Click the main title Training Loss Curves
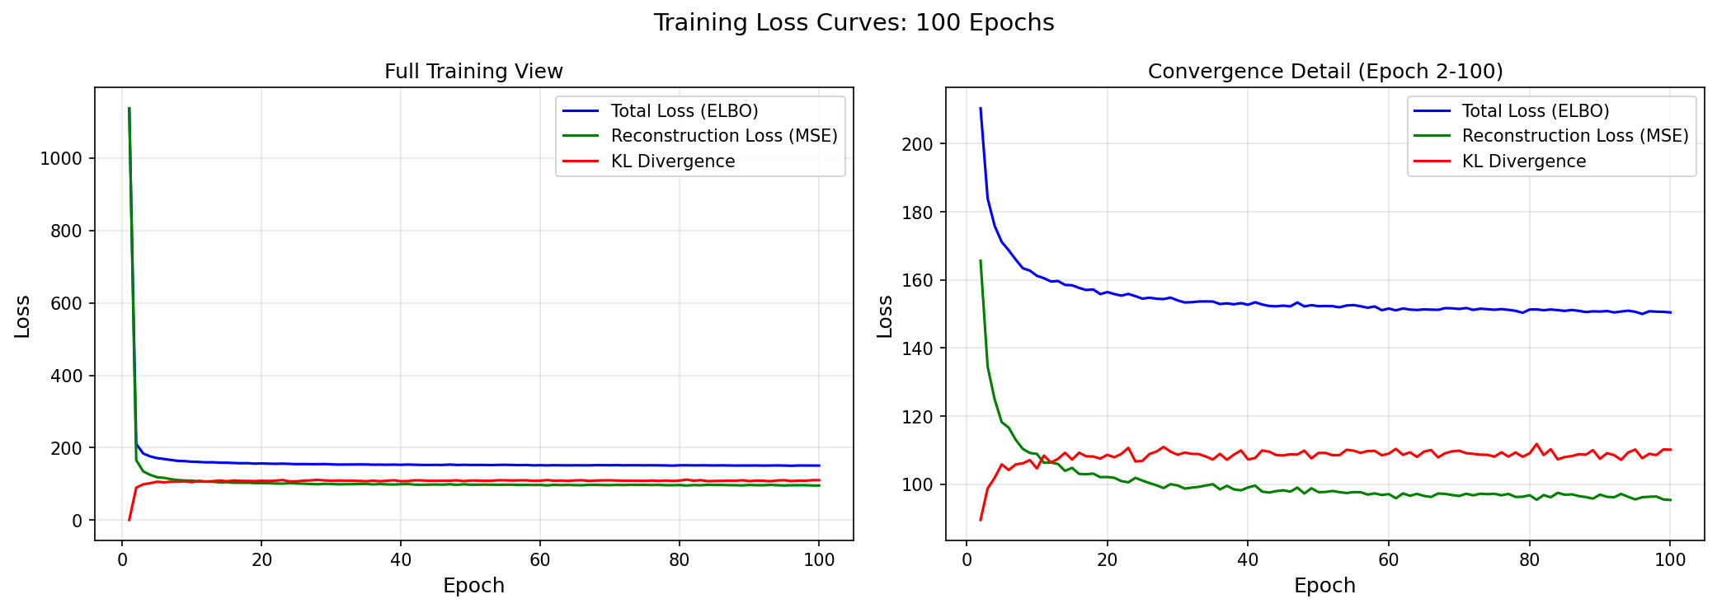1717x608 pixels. [854, 22]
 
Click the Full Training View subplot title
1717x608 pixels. [473, 72]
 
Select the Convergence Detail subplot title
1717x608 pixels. [1324, 72]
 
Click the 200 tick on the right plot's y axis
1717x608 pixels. [918, 144]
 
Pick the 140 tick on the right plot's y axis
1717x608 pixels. [918, 348]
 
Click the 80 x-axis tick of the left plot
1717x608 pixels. [679, 560]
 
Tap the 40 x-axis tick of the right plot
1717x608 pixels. [1248, 560]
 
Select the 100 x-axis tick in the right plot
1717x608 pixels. [1670, 560]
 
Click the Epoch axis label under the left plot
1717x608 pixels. [473, 586]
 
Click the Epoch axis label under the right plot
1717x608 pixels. [1324, 586]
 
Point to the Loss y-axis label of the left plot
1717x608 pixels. [22, 316]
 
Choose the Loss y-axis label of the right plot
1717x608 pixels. [885, 316]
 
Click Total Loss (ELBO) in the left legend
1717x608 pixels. [684, 111]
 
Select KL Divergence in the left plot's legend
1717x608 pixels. [672, 161]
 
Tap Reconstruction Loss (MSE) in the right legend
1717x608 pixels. [1574, 136]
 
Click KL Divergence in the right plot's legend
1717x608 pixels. [1523, 161]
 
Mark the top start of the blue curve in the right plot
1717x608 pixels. [981, 108]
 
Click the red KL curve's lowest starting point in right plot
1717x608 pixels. [981, 519]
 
